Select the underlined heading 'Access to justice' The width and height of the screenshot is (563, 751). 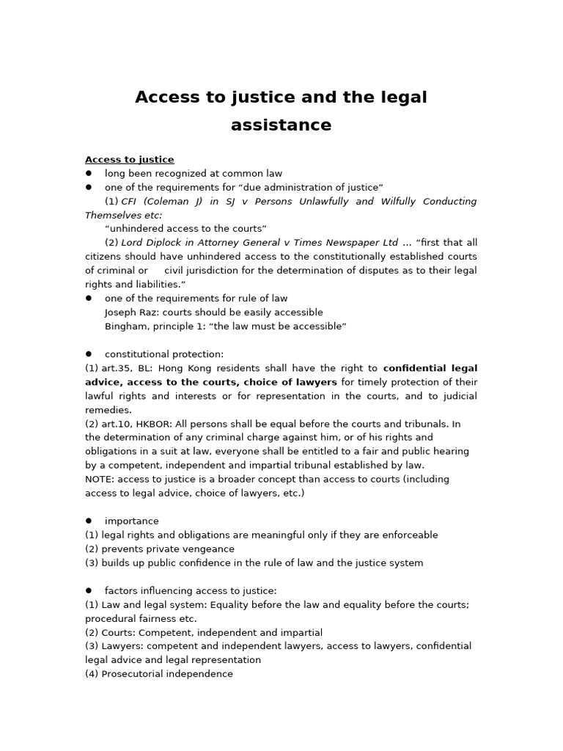(129, 160)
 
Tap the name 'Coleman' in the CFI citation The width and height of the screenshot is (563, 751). (172, 202)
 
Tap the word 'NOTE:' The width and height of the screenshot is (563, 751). (100, 480)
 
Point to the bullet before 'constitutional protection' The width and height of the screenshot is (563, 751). (89, 354)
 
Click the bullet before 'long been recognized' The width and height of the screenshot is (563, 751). (89, 174)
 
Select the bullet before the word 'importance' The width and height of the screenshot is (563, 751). (89, 521)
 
